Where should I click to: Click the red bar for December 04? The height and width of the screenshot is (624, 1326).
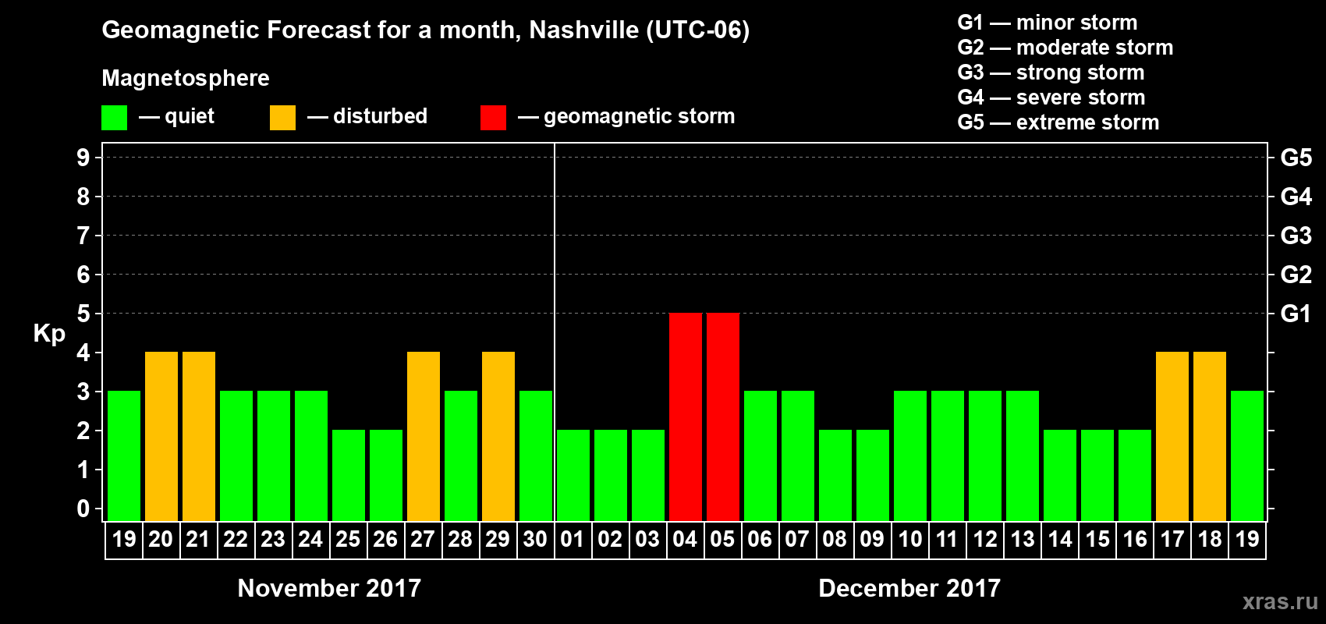point(686,417)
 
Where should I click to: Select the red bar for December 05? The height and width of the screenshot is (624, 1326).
point(723,417)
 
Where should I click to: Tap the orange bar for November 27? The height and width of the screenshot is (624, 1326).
point(424,436)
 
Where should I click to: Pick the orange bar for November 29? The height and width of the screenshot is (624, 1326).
point(498,436)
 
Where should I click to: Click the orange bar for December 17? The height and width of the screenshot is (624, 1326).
point(1172,436)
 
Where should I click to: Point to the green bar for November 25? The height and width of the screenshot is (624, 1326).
point(349,475)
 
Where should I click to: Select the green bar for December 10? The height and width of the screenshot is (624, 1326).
point(910,456)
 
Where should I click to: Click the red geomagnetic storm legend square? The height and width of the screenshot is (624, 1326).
point(493,118)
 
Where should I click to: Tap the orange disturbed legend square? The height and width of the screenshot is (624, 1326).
point(282,118)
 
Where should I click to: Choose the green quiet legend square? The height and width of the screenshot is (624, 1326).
point(115,118)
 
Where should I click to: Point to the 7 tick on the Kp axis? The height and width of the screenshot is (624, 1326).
point(83,236)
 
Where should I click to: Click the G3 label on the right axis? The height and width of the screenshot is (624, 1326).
point(1296,236)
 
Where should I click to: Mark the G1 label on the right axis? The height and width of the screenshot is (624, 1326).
point(1296,314)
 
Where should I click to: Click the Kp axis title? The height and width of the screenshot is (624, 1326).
point(49,334)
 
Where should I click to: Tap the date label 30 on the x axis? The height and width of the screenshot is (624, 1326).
point(535,539)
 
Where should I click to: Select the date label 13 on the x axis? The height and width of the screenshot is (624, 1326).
point(1023,539)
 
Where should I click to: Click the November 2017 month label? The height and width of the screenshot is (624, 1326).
point(329,588)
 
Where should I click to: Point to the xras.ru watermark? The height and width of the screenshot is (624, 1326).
point(1280,601)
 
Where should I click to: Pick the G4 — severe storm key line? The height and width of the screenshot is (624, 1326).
point(1051,97)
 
